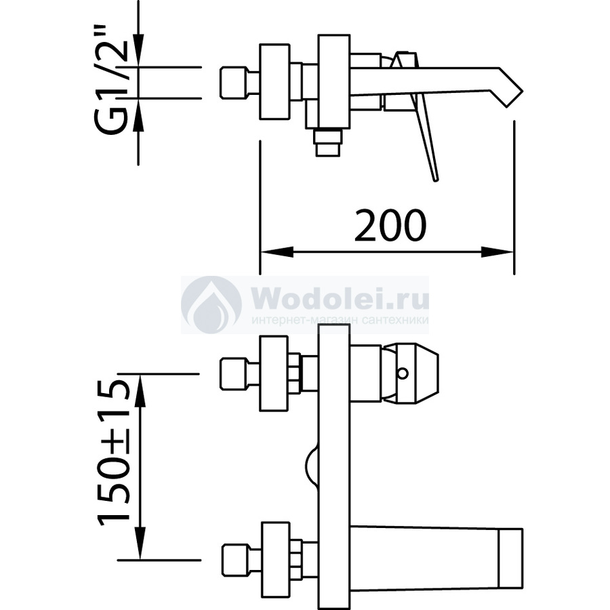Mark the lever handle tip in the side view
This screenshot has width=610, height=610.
point(434,178)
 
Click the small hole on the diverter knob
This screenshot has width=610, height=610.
point(404,373)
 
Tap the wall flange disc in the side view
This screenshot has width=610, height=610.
point(274,83)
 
